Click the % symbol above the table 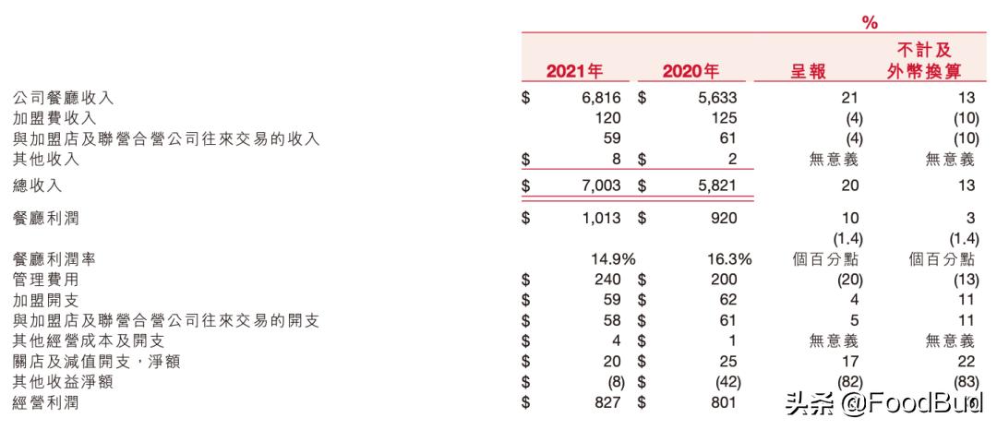(x=870, y=22)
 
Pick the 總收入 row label (x=38, y=185)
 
